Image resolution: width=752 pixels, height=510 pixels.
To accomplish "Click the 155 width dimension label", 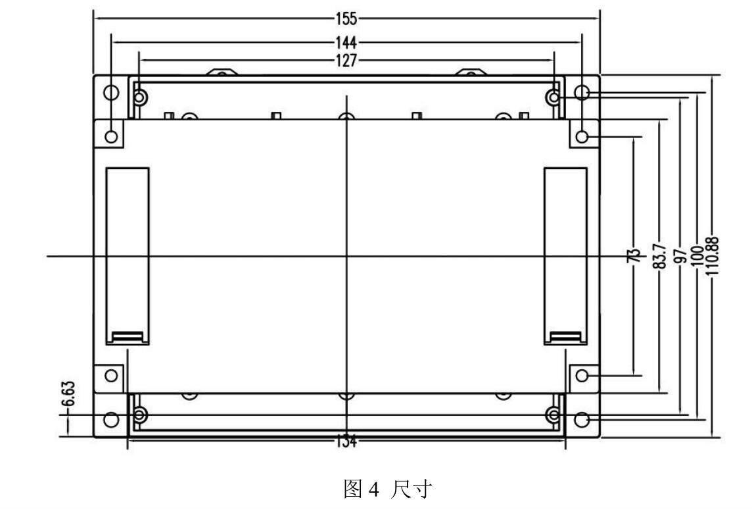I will point(346,18).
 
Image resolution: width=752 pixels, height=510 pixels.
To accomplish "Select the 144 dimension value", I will point(346,43).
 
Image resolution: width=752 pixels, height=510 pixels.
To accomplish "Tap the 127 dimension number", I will point(346,61).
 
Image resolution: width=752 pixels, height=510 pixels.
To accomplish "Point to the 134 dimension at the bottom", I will point(346,442).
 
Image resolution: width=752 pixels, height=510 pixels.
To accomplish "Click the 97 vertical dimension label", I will point(681,255).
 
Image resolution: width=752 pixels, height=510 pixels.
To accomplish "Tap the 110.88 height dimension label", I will point(715,256).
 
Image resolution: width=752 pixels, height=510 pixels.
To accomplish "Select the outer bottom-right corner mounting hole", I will point(582,419).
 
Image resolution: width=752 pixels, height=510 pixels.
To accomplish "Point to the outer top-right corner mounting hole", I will point(582,91).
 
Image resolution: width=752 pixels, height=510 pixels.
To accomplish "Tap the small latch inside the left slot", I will point(128,337).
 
